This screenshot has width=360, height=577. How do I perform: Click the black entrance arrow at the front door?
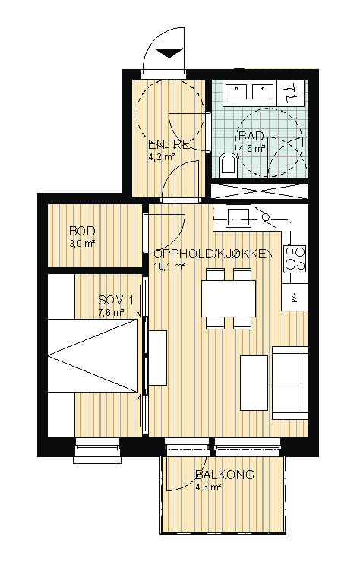(169, 53)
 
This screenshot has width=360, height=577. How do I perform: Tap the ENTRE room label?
(169, 144)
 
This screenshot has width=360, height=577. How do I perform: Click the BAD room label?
(251, 136)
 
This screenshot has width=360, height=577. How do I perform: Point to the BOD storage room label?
(82, 231)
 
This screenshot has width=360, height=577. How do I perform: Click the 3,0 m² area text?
(82, 243)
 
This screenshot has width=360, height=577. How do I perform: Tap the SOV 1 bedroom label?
(115, 300)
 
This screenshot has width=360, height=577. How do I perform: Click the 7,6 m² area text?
(111, 313)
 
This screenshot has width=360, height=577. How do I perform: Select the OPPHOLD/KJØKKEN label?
(214, 254)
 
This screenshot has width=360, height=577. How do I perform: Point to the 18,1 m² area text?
(169, 266)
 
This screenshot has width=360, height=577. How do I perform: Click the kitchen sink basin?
(238, 216)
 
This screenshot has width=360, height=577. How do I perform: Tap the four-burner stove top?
(295, 258)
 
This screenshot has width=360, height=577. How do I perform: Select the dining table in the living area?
(229, 298)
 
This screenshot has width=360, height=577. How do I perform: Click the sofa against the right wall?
(290, 383)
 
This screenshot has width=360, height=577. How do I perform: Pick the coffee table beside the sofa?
(254, 383)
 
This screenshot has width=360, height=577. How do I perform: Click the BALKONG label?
(225, 475)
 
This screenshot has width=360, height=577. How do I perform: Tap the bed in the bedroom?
(93, 355)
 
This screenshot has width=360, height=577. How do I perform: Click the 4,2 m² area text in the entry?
(161, 158)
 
